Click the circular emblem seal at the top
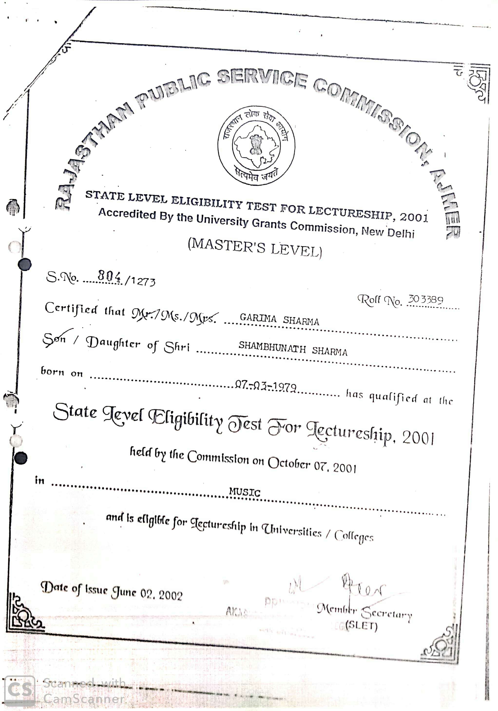point(256,146)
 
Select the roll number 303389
point(425,299)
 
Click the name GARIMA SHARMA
point(279,319)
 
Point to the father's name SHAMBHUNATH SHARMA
point(293,349)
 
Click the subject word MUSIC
point(245,492)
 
